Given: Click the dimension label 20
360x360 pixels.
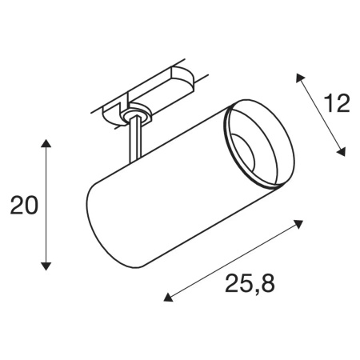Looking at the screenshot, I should (24, 206).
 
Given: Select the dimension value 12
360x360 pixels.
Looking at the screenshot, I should (336, 104).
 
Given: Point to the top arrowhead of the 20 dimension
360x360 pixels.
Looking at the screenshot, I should (46, 144).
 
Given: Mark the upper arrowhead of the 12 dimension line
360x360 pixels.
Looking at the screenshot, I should (299, 77).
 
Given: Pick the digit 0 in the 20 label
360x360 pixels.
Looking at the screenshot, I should (31, 206).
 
